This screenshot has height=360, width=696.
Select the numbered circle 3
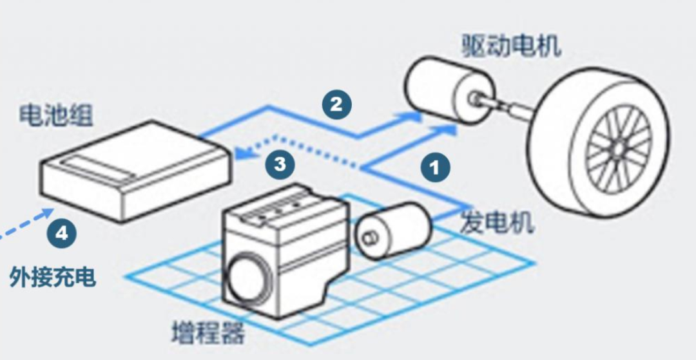click(x=280, y=164)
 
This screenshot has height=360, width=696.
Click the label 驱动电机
click(x=510, y=46)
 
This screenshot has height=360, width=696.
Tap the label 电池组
click(x=55, y=116)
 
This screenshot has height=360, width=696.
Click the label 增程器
click(x=208, y=333)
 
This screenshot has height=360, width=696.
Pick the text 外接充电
click(x=53, y=277)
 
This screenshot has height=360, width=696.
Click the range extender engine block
click(x=284, y=251)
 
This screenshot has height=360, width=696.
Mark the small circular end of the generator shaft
click(x=369, y=238)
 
